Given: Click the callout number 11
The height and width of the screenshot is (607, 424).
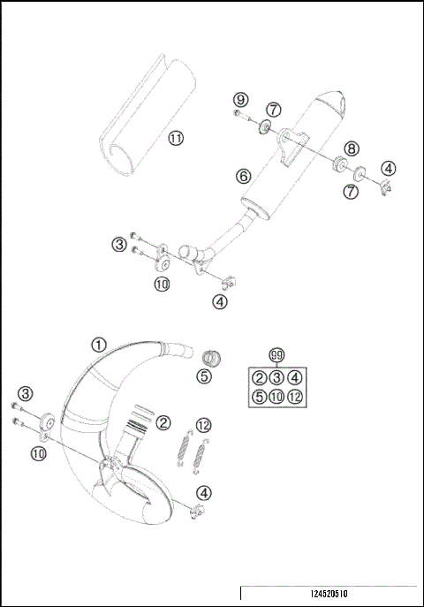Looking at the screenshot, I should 176,139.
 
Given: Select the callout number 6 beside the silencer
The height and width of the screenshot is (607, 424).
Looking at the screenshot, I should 242,176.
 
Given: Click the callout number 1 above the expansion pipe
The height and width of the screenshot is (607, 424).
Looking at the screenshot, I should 99,345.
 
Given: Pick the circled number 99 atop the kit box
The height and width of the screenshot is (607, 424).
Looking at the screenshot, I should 276,355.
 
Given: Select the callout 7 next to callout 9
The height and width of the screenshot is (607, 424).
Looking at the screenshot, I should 275,110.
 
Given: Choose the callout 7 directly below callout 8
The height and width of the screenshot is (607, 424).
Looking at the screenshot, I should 351,190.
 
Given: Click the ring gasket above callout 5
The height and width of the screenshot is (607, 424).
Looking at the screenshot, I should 210,357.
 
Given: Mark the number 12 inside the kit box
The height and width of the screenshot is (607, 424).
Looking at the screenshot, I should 294,397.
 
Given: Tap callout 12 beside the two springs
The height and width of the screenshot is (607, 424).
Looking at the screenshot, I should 204,425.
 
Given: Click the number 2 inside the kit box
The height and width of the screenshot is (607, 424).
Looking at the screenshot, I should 258,378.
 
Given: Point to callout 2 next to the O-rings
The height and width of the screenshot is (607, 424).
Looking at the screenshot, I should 163,423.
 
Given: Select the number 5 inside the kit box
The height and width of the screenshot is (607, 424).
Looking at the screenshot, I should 258,397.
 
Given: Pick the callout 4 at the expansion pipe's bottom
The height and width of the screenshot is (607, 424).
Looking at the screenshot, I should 204,492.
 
